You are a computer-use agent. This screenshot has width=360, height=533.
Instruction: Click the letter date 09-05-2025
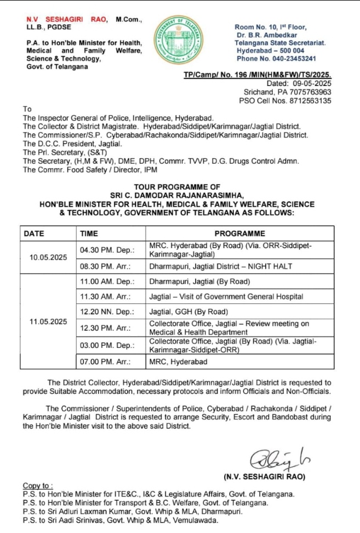[x=312, y=83]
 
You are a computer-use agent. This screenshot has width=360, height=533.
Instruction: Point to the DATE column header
[x=34, y=233]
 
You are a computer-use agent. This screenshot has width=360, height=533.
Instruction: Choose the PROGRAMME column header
[x=239, y=233]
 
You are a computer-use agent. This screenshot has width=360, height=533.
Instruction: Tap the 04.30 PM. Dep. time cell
[x=107, y=250]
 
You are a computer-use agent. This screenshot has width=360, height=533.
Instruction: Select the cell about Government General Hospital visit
[x=226, y=296]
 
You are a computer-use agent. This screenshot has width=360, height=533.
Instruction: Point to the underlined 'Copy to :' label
[x=38, y=485]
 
